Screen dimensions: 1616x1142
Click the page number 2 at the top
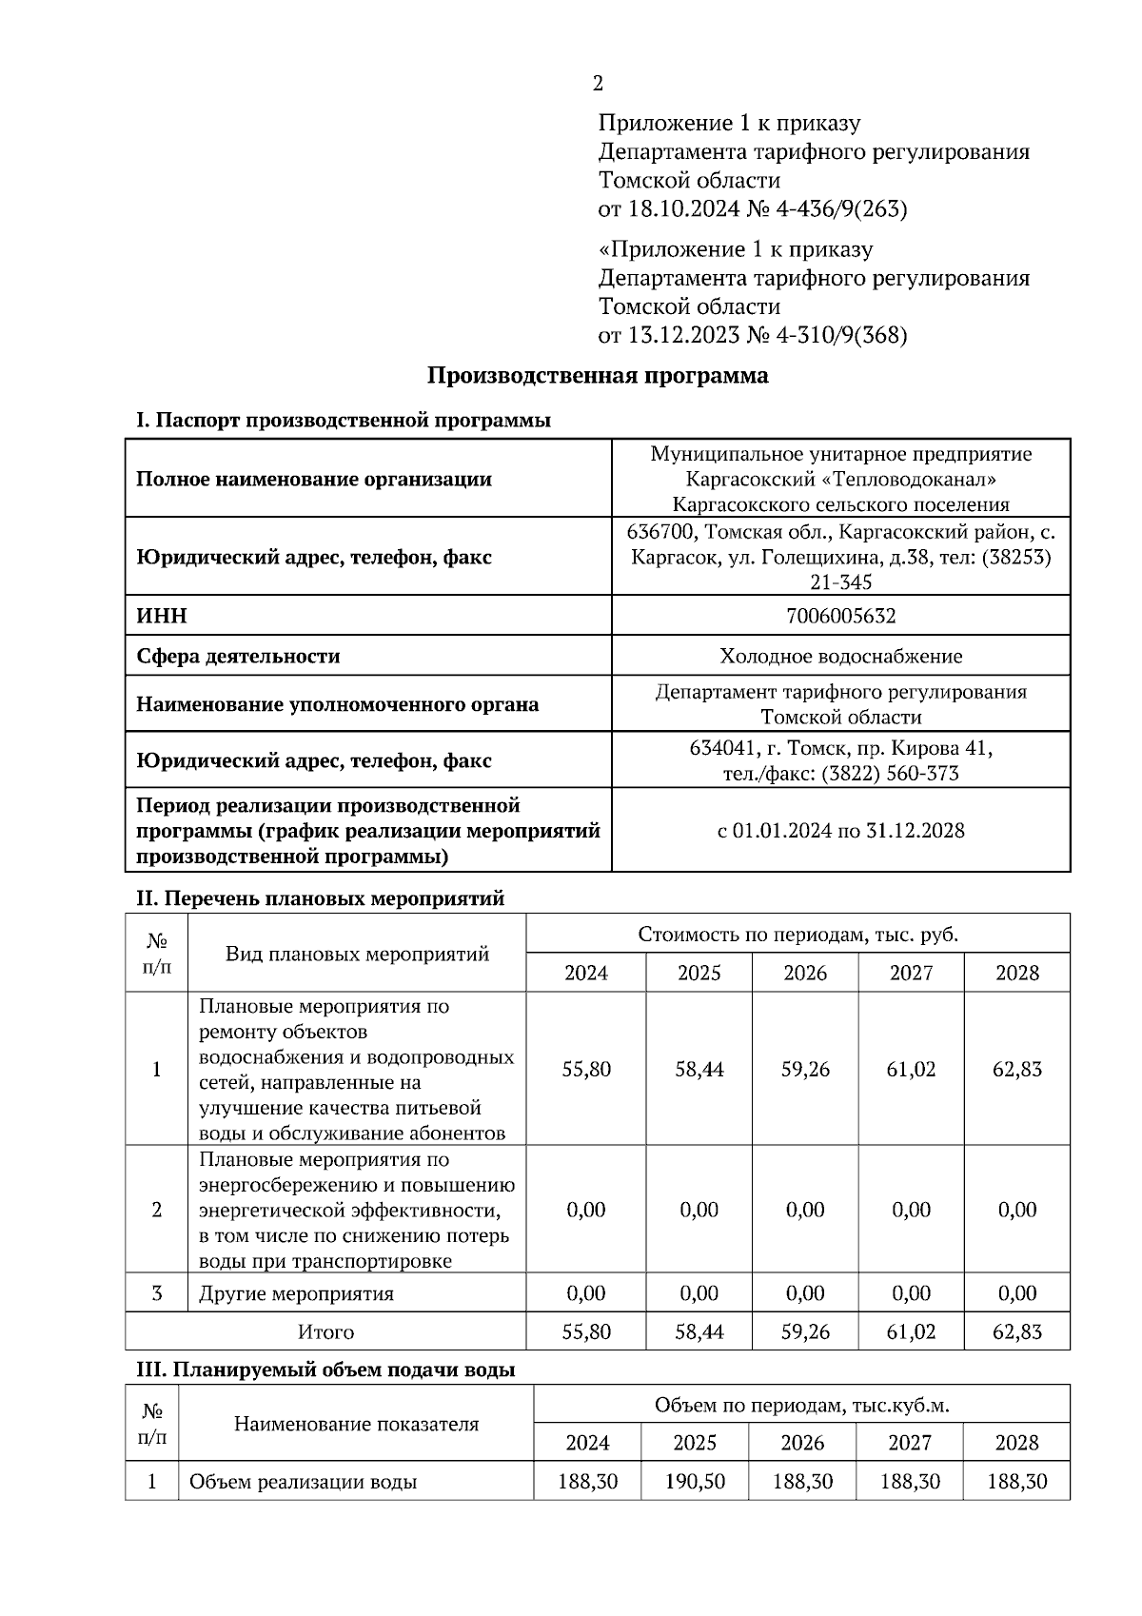[597, 84]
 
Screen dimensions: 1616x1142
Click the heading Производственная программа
[597, 376]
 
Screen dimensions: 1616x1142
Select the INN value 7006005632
[840, 616]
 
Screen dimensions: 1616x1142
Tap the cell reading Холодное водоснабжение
[840, 656]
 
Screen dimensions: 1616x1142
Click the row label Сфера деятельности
[238, 656]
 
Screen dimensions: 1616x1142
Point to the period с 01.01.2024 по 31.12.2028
[840, 830]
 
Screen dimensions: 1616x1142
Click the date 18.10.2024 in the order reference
[680, 208]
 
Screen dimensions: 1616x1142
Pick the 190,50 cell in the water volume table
[695, 1482]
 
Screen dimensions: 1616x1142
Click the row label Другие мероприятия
[296, 1293]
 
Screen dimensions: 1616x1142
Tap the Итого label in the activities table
[325, 1331]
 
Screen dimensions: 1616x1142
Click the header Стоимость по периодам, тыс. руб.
[797, 934]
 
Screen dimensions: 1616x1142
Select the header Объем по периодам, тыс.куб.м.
[801, 1405]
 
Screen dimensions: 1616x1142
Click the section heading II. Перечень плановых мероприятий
[320, 898]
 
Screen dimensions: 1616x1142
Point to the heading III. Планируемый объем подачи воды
[325, 1370]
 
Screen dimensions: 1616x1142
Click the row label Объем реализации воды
[303, 1482]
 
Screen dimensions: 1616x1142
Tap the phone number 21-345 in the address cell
[840, 581]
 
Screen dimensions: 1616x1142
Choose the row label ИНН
[162, 616]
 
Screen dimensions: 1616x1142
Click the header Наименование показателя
[356, 1424]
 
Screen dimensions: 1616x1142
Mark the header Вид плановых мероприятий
[357, 954]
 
